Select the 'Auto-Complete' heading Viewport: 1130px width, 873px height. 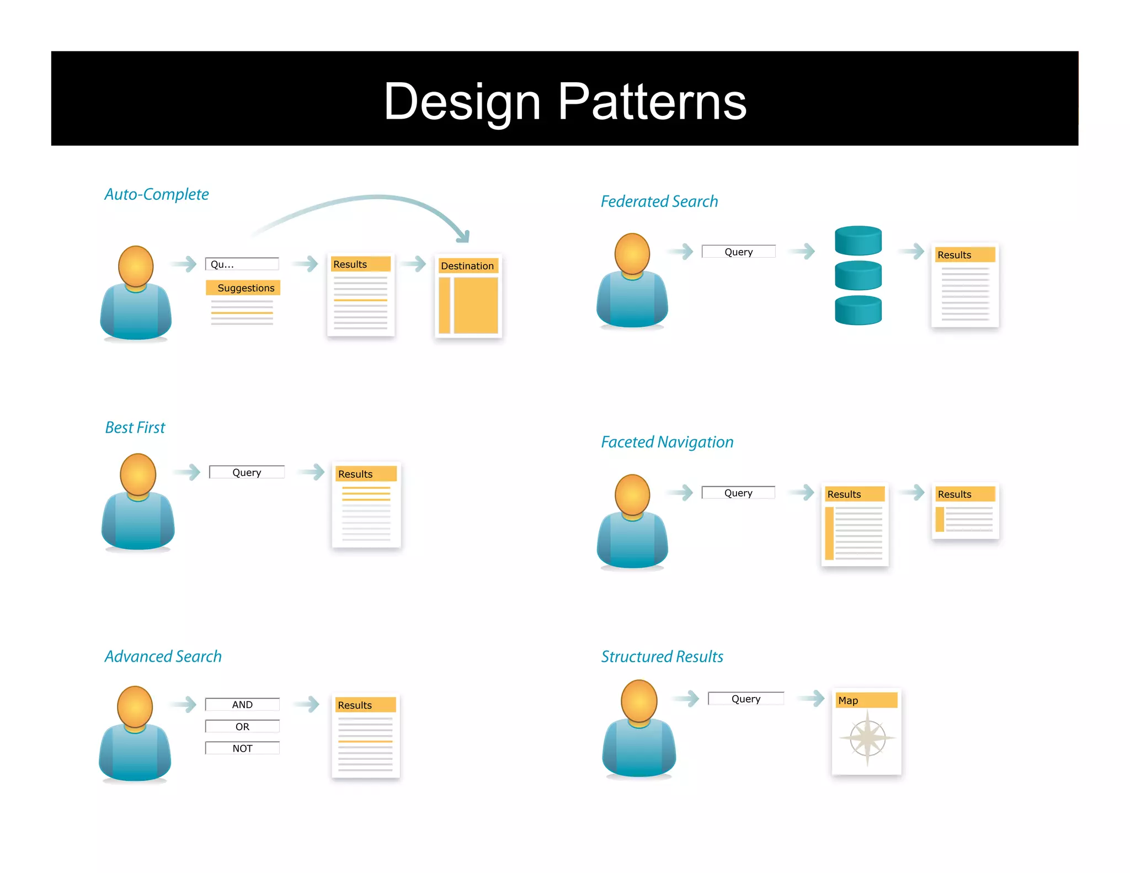[157, 194]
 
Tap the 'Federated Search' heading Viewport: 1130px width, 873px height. [659, 201]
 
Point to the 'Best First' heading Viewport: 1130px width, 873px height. [135, 428]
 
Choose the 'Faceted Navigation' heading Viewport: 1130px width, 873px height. [667, 442]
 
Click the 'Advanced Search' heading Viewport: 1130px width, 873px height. [163, 656]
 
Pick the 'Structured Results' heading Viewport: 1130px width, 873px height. [662, 657]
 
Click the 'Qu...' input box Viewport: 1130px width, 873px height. [242, 264]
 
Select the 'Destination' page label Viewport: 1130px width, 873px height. [467, 266]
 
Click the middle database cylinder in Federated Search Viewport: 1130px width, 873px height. [858, 275]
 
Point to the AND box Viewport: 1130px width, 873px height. [242, 705]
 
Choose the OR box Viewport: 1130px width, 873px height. [242, 727]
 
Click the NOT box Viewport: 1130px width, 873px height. [242, 748]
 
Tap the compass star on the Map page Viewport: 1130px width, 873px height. [867, 738]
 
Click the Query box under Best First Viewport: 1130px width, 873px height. [247, 472]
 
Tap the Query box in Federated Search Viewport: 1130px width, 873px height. [738, 252]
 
